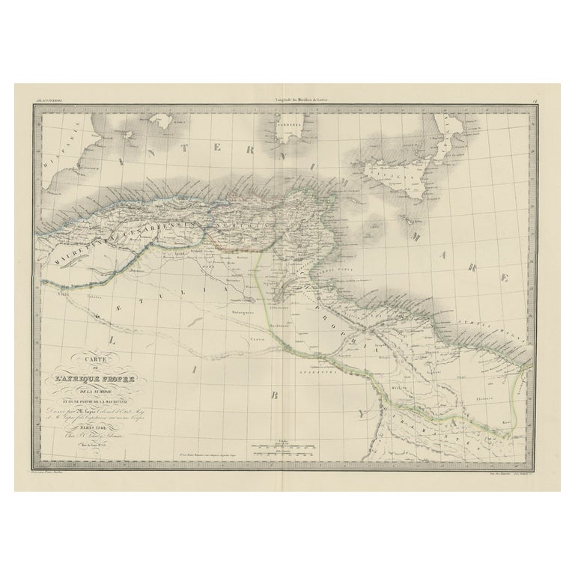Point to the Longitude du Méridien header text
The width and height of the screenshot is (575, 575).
[288, 90]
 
